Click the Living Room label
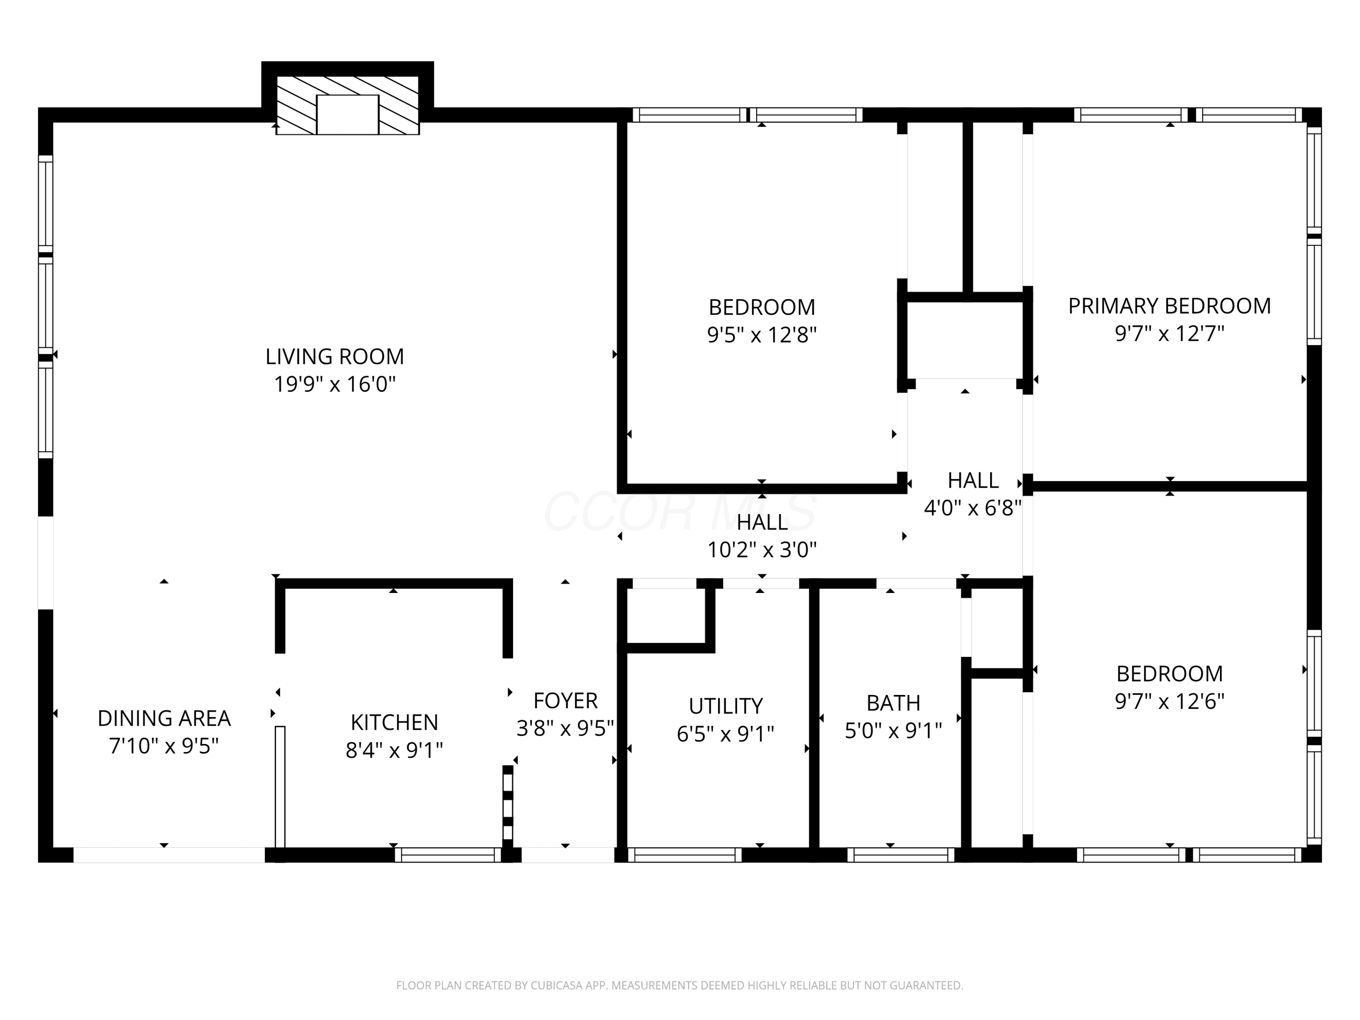[x=335, y=357]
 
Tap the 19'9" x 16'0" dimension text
[x=335, y=384]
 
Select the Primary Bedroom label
[x=1170, y=306]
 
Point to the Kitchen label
[x=394, y=723]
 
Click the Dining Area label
[x=164, y=718]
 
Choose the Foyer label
[x=565, y=701]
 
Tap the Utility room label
[x=725, y=706]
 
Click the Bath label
[x=894, y=703]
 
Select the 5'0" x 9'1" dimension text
[x=894, y=730]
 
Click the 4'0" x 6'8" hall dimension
[x=973, y=508]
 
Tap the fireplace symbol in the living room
[x=347, y=105]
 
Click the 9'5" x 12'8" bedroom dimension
[x=762, y=335]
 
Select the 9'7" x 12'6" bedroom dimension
[x=1170, y=701]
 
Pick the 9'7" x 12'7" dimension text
[x=1170, y=334]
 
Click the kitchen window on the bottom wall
[x=448, y=855]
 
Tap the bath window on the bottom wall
[x=901, y=855]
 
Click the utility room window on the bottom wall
[x=685, y=855]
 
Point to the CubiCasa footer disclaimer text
[x=680, y=986]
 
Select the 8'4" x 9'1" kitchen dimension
[x=394, y=751]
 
